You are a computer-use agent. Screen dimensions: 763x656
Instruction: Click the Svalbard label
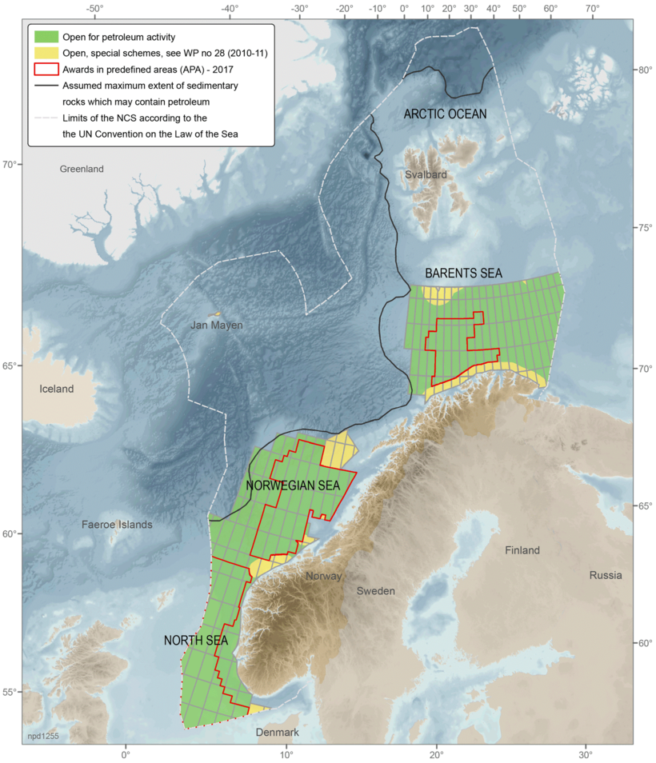(425, 174)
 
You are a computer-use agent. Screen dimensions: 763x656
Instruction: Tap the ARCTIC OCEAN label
(445, 114)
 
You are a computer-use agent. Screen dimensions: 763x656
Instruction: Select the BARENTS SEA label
(463, 273)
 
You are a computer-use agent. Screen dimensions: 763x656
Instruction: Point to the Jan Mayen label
(216, 326)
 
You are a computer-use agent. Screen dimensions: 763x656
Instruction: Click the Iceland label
(56, 389)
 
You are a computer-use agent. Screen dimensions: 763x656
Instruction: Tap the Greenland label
(82, 169)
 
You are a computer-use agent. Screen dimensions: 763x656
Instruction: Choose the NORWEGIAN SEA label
(293, 485)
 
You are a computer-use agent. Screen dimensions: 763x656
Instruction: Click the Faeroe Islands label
(117, 525)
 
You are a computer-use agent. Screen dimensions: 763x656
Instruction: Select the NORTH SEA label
(196, 641)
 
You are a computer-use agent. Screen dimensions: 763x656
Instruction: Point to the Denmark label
(277, 733)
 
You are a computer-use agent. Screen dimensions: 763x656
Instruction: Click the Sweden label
(375, 590)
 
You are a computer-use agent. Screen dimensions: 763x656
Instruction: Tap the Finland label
(522, 550)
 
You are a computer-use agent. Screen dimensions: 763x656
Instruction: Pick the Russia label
(606, 575)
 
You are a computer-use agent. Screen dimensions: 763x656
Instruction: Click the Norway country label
(323, 576)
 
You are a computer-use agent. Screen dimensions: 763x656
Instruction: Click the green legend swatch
(46, 37)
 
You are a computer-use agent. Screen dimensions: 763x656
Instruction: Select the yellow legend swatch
(46, 53)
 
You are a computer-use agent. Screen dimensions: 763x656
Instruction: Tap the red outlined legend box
(46, 69)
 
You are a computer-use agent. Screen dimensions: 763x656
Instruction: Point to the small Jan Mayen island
(214, 314)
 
